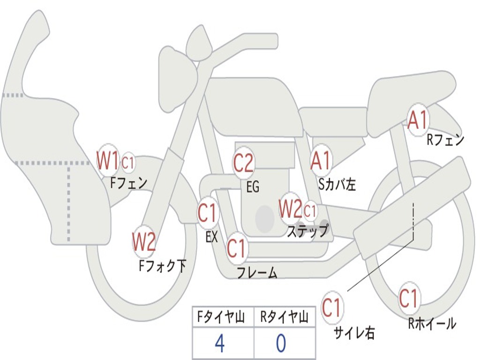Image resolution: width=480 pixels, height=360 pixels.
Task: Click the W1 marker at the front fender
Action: coord(108,160)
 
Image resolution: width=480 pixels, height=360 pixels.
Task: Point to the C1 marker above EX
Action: coord(208,213)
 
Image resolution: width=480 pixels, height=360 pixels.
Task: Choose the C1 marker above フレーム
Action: coord(236,247)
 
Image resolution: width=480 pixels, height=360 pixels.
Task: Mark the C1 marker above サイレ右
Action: coord(332,308)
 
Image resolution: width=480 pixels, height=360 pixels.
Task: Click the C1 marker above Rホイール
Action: coord(408,298)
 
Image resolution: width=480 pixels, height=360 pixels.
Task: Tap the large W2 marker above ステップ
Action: coord(290,209)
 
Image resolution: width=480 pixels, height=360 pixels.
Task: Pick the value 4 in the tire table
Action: coord(219,344)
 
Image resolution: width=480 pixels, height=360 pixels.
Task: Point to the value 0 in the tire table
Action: coord(281,344)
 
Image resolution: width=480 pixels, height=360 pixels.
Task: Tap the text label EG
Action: coord(253,187)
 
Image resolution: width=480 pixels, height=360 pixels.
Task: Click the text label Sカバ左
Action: coord(337,184)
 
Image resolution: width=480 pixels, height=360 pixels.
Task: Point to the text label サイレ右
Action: coord(354,333)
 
